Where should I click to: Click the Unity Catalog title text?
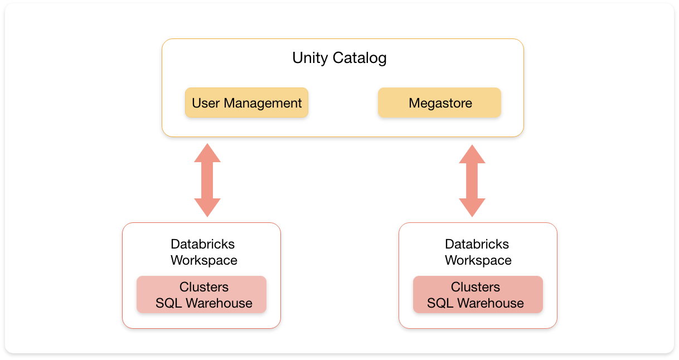[339, 58]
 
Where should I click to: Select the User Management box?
[246, 103]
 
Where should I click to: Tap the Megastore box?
[440, 103]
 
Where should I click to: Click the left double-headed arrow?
[207, 180]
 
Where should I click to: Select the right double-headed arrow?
[472, 181]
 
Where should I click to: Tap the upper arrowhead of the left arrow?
[207, 153]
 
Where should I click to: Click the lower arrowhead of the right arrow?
[472, 207]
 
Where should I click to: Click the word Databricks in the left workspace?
[202, 244]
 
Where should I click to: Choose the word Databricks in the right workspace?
[477, 244]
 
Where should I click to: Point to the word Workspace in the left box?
[203, 260]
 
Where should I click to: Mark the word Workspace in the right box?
[478, 260]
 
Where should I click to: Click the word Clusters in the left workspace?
[203, 287]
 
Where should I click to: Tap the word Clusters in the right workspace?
[476, 287]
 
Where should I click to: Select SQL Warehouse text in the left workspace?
[203, 303]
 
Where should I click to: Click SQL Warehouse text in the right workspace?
[476, 303]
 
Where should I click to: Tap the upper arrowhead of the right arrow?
[472, 154]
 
